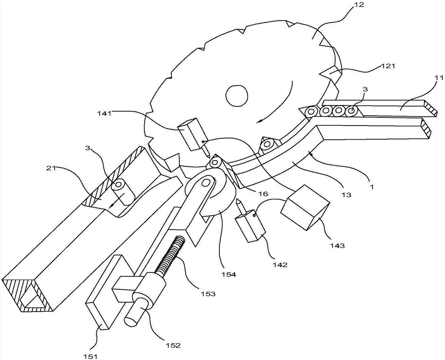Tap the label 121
point(388,66)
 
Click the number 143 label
point(339,246)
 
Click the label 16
point(263,194)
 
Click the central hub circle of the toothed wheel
point(236,95)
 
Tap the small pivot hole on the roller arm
point(204,183)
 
